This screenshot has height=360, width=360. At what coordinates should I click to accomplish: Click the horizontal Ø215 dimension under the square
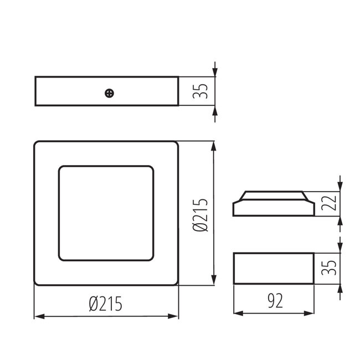pos(105,303)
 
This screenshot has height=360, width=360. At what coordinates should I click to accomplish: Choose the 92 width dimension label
pos(274,301)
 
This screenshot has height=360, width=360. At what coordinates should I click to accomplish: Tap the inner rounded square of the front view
pos(106,213)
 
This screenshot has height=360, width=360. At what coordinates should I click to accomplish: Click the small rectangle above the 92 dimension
pos(274,269)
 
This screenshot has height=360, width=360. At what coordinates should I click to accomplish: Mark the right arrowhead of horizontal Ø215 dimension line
pos(175,316)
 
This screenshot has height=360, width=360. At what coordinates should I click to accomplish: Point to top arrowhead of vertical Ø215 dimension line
pos(214,145)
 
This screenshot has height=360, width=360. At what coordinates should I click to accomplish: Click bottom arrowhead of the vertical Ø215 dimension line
pos(214,282)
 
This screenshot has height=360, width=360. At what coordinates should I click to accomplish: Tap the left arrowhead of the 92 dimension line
pos(237,313)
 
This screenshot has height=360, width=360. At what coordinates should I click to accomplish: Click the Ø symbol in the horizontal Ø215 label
pos(92,303)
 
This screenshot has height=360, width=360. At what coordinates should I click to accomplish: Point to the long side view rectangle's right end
pos(178,91)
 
